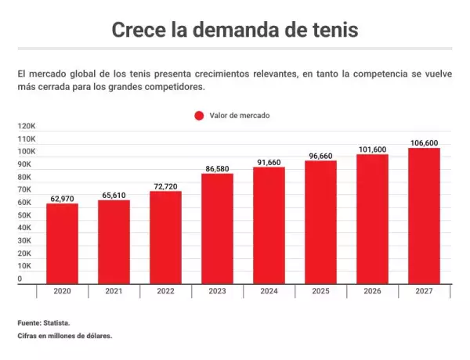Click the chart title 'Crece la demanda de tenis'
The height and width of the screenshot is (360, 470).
pos(234,31)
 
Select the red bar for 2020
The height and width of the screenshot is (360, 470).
pos(62,243)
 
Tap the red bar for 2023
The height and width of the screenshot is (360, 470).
pos(217,227)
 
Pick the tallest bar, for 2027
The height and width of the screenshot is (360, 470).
pos(424,215)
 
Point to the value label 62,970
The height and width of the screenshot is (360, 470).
pos(62,199)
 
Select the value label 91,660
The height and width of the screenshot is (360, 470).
pos(269,162)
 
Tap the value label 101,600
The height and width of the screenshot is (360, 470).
pos(372,149)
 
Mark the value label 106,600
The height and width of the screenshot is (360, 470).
pos(424,142)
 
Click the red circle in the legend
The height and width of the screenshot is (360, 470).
pos(199,115)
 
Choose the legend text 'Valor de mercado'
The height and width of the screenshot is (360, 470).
pos(240,115)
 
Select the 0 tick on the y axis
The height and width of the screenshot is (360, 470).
pos(20,279)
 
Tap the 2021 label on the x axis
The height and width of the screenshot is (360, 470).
pos(114,291)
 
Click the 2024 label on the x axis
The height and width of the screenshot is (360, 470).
pos(269,291)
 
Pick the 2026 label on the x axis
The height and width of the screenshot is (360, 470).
pos(372,291)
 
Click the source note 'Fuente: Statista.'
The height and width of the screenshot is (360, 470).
pos(44,322)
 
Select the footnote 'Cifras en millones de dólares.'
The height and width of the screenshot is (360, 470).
pos(65,336)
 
